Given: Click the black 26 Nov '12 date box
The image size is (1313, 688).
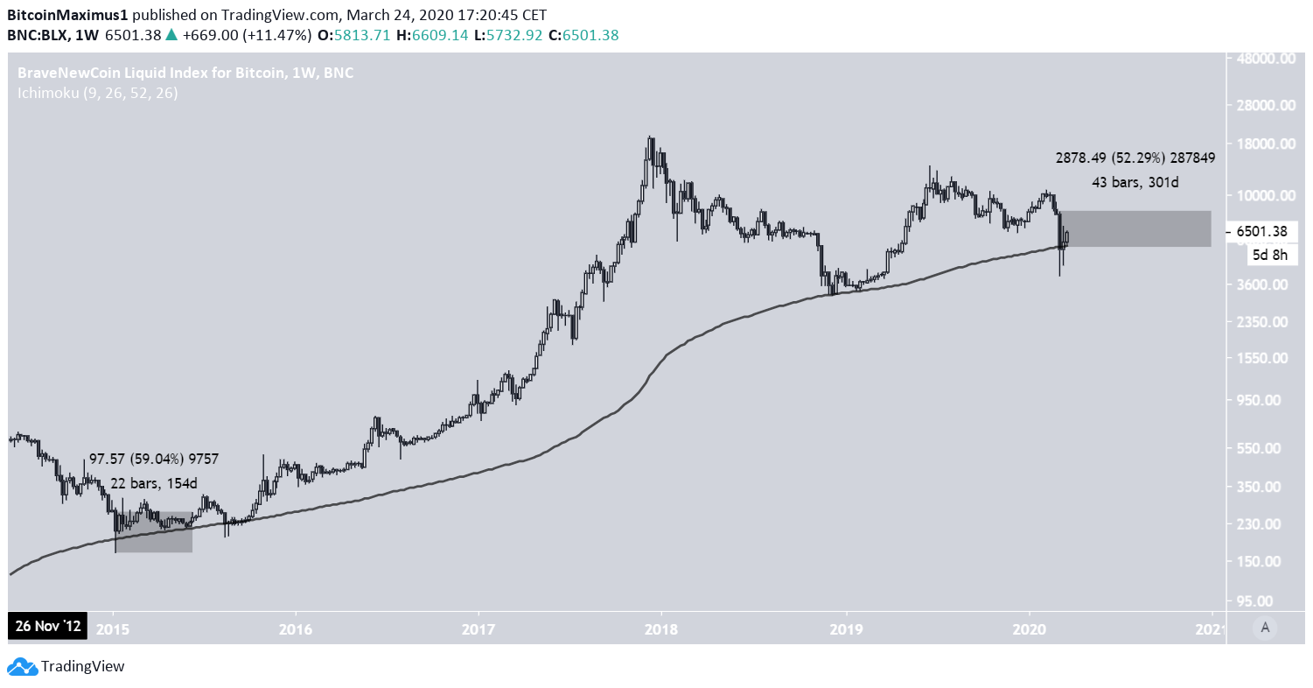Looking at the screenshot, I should pos(47,627).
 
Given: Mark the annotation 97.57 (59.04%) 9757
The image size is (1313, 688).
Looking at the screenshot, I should pos(154,459).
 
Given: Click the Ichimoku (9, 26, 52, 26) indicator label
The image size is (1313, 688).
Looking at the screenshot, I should pos(97,93).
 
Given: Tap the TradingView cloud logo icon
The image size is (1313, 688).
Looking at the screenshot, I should pos(26,667).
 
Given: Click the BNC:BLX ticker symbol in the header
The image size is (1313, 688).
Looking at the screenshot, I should pos(42,35).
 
